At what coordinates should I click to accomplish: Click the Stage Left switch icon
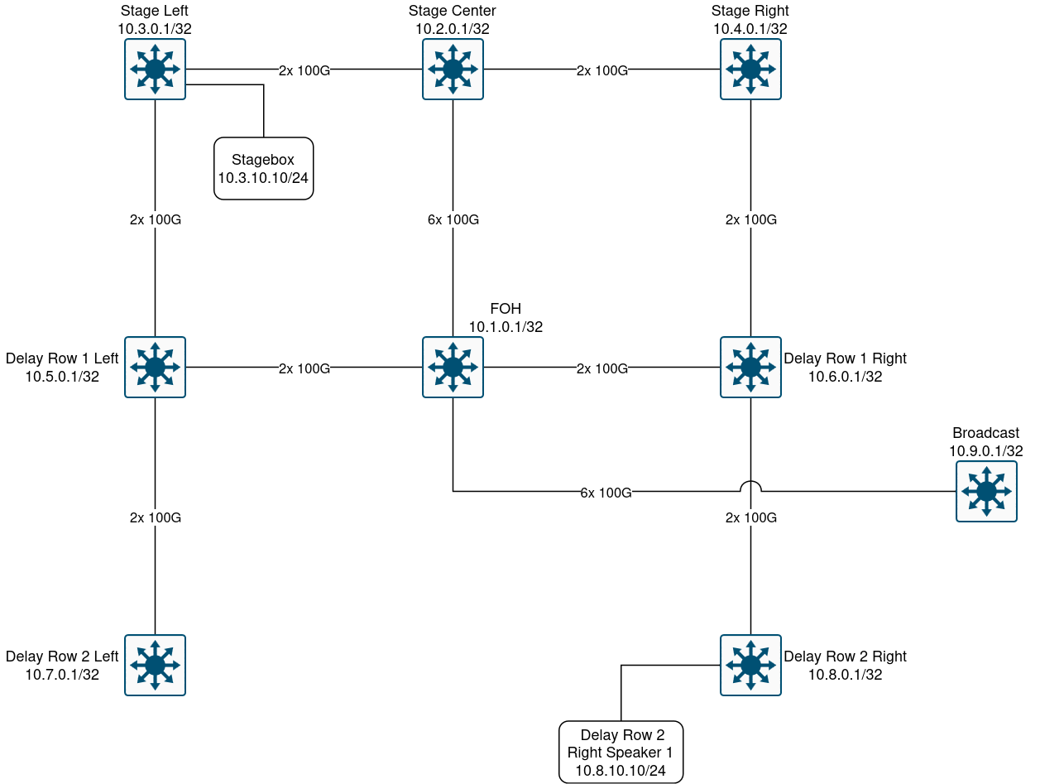click(155, 69)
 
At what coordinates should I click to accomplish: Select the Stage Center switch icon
click(453, 69)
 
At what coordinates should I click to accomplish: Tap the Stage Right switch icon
click(750, 69)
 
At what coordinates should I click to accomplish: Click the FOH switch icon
click(453, 367)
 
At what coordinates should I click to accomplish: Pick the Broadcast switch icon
click(986, 492)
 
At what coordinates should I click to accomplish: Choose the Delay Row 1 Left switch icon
click(155, 367)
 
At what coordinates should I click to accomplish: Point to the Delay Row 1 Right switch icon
click(750, 367)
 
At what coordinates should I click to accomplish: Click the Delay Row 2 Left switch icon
click(155, 665)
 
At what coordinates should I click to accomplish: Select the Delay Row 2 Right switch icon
click(750, 665)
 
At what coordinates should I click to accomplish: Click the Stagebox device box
click(263, 168)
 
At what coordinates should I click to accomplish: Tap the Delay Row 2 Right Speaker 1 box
click(621, 752)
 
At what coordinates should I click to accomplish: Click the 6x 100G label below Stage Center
click(453, 219)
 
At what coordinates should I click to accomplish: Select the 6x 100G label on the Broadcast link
click(606, 493)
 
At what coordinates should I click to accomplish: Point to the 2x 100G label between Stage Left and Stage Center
click(304, 70)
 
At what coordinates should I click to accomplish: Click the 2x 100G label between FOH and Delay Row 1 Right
click(601, 368)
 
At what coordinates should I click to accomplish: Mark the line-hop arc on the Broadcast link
click(750, 485)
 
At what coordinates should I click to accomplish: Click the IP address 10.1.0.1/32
click(506, 327)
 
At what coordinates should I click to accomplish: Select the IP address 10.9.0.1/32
click(986, 451)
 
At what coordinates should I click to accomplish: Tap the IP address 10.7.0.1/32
click(62, 675)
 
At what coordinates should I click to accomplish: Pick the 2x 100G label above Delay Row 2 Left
click(155, 517)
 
